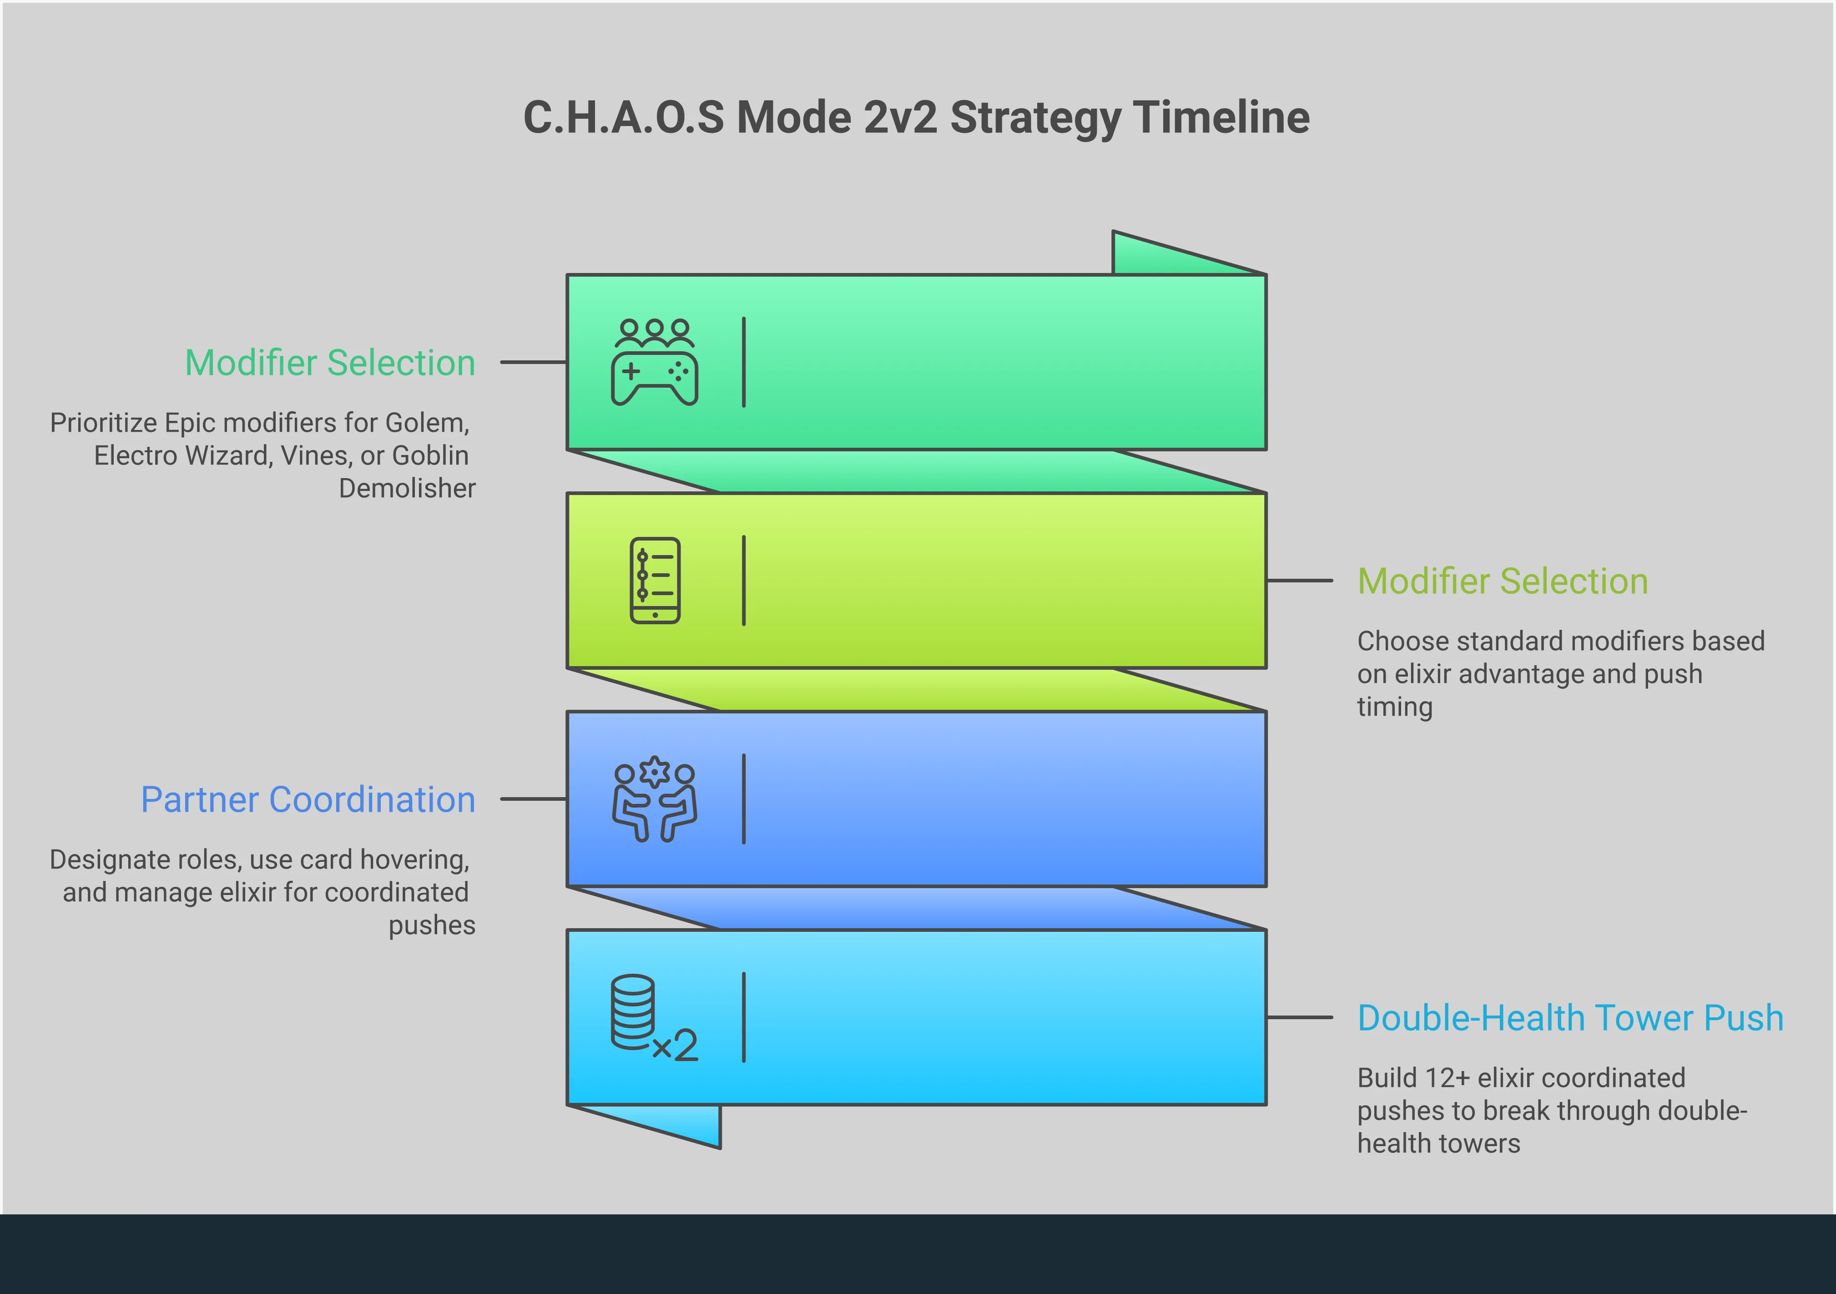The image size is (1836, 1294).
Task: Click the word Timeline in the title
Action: pos(1221,117)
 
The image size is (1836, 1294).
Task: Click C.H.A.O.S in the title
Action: pos(624,117)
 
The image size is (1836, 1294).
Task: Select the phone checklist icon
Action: pos(655,581)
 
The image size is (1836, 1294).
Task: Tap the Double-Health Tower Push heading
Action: pos(1570,1018)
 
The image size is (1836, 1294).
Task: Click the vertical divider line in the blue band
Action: pos(744,799)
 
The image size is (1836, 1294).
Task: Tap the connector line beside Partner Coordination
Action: pos(533,799)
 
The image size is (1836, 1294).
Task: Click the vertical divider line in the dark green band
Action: pos(744,362)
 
